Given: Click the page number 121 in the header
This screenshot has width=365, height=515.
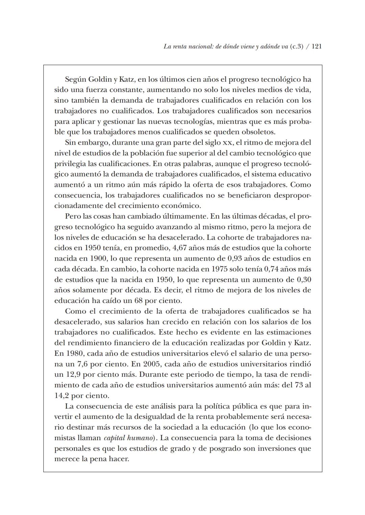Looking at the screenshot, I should pos(316,47).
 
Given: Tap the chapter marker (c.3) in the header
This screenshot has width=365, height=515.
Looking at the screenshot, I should pos(296,47).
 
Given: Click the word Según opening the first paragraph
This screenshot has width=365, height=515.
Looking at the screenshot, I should pos(76,79).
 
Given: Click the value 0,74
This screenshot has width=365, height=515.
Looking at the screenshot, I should pos(273,269).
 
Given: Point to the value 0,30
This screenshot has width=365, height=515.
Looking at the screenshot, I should pos(303,280).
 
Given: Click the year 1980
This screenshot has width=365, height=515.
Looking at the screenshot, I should pos(73,353).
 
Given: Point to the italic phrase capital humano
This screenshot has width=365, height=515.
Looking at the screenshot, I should pos(129,438).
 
